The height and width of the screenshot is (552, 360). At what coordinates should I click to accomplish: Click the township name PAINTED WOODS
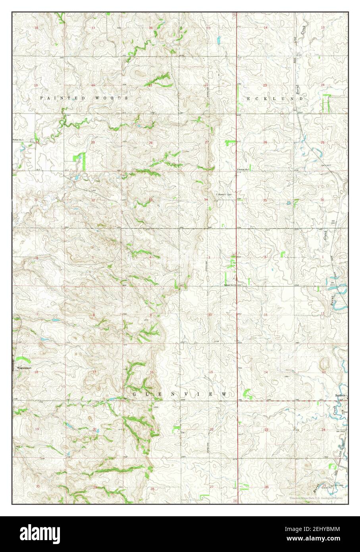click(83, 98)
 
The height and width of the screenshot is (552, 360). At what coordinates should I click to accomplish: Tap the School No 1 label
click(18, 141)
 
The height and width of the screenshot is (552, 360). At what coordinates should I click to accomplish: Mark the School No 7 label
click(243, 170)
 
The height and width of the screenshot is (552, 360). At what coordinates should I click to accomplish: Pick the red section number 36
click(322, 200)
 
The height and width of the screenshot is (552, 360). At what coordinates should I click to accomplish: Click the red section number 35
click(265, 200)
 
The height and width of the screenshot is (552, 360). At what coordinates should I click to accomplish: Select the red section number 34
click(206, 199)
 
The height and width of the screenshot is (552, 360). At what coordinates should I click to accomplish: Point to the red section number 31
click(36, 199)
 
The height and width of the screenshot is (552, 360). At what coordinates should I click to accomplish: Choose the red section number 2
click(265, 257)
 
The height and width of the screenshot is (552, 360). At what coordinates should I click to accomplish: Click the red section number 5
click(93, 258)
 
